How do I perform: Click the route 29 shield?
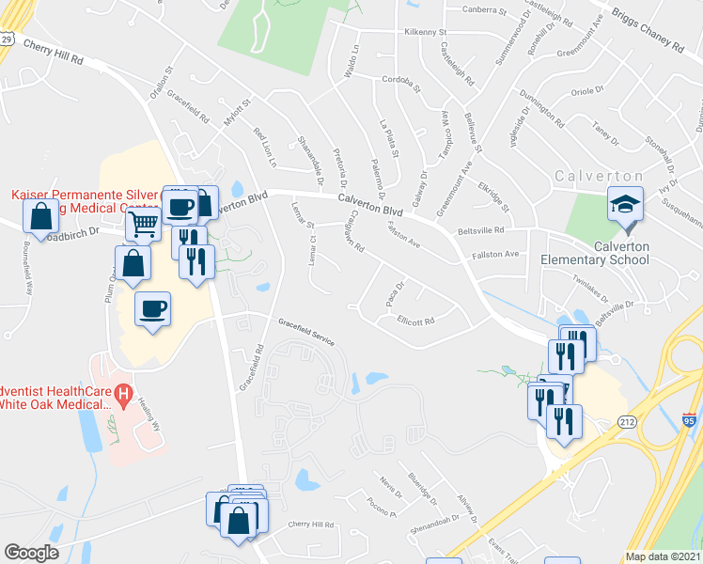(7, 39)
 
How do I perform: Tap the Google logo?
(32, 553)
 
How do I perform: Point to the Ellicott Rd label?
(414, 321)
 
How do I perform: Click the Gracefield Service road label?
(306, 326)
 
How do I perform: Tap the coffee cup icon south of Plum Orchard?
(152, 309)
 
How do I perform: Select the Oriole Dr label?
(586, 92)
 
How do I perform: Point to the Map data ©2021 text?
(663, 556)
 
